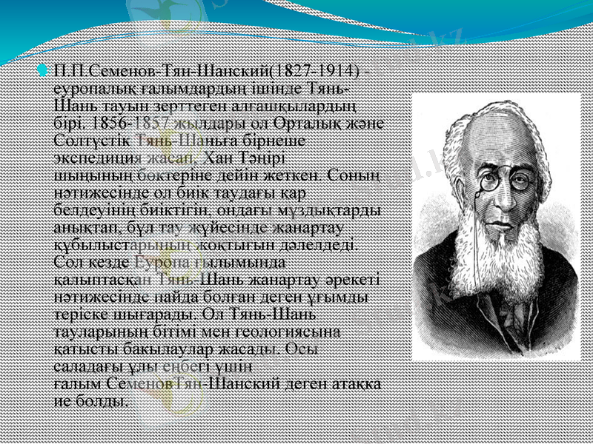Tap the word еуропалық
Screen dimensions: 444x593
(91, 87)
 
